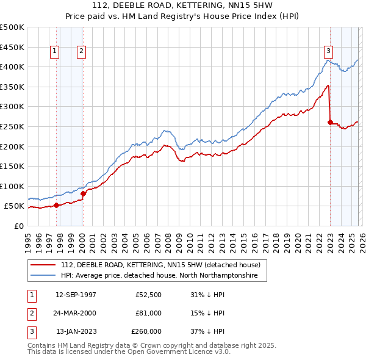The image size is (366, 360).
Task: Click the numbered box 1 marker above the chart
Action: [55, 52]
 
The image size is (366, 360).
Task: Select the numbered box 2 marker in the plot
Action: [81, 52]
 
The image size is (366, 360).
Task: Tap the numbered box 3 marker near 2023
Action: [328, 51]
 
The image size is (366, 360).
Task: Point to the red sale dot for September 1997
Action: [57, 205]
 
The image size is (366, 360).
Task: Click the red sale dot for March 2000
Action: [83, 193]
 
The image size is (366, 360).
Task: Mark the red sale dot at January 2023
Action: [330, 122]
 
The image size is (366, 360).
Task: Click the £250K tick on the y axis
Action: [13, 126]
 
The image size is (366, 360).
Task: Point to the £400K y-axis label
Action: [13, 67]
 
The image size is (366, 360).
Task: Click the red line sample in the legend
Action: [43, 265]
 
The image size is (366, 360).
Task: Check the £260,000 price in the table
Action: [146, 331]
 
